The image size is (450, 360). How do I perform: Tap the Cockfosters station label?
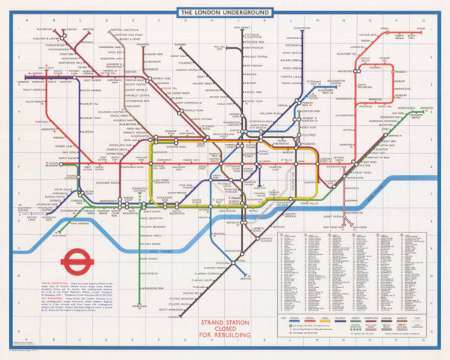click(x=301, y=28)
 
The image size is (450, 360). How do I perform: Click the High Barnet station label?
click(x=241, y=28)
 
